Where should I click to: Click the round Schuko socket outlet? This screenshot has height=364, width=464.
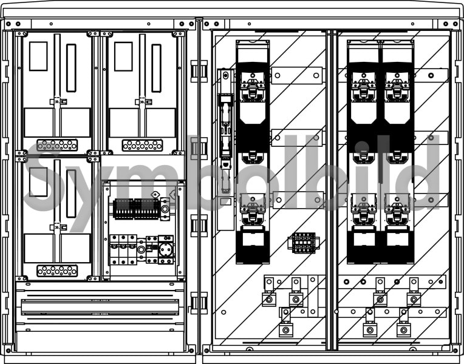tap(166, 250)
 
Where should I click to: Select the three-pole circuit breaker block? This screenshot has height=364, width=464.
tap(123, 249)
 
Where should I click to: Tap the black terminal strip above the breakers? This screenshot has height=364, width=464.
tap(137, 209)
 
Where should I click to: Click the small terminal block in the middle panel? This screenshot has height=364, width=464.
tap(304, 243)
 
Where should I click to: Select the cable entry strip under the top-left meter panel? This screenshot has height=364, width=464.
tap(57, 145)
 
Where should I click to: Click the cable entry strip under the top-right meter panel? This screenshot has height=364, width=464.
tap(142, 145)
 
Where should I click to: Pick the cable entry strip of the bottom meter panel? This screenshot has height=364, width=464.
tap(57, 271)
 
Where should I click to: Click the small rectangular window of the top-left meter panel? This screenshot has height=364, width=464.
tap(38, 56)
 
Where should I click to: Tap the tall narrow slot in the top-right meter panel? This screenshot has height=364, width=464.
tap(156, 68)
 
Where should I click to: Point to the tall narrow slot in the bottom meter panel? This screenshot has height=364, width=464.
tap(71, 194)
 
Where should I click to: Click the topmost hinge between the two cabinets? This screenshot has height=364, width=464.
tap(199, 71)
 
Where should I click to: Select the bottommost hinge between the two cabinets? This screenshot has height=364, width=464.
tap(199, 303)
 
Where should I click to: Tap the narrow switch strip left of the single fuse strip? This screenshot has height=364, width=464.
tap(225, 149)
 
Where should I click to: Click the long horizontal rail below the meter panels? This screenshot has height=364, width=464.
tap(100, 307)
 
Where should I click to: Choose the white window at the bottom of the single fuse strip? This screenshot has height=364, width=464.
tap(253, 239)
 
